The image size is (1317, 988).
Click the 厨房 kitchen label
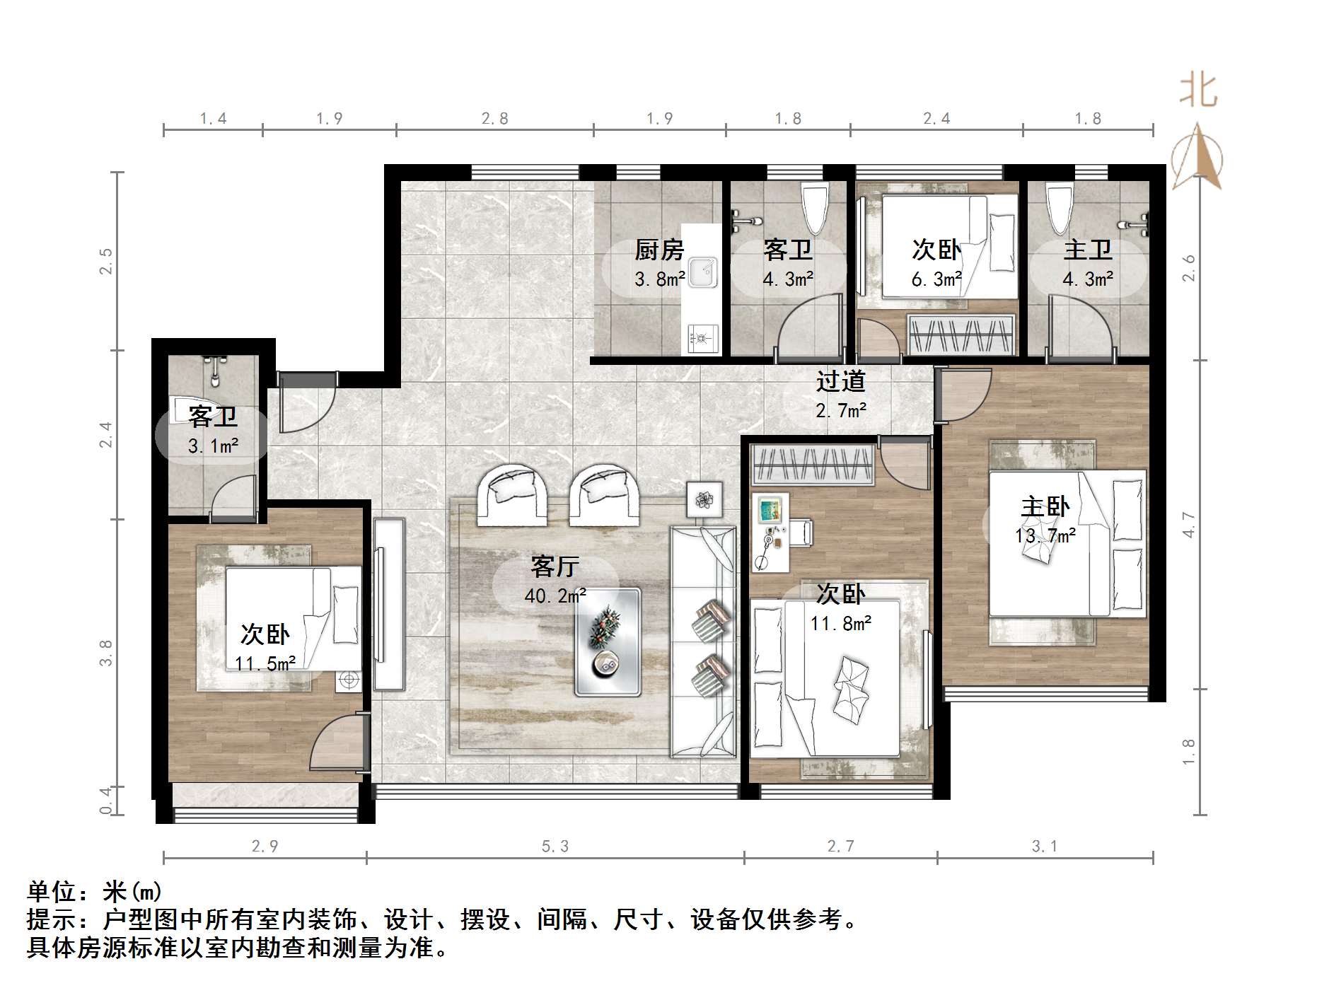[658, 250]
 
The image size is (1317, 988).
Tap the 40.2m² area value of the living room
[555, 595]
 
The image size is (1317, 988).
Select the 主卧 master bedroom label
[1045, 506]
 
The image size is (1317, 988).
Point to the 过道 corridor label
[840, 381]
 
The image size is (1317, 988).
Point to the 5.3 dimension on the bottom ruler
[555, 846]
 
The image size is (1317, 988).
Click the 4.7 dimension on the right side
[1189, 524]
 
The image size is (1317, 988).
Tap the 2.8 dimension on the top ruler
[494, 118]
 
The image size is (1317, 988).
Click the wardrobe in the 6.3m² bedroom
[961, 334]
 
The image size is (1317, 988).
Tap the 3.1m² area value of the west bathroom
[212, 446]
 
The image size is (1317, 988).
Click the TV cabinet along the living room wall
[389, 604]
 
